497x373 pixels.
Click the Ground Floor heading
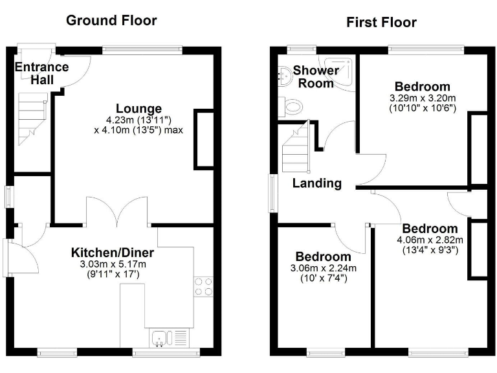[111, 21]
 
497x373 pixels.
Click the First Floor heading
[381, 23]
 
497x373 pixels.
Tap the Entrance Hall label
[41, 73]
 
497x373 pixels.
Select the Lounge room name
[138, 108]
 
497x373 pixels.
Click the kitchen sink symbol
[168, 337]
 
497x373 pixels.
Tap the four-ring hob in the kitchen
[204, 286]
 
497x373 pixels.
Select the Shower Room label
[316, 76]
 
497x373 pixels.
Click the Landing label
[316, 183]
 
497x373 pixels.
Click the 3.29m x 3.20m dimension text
[423, 98]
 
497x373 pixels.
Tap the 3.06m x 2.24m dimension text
[326, 268]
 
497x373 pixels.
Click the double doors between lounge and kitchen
[117, 213]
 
